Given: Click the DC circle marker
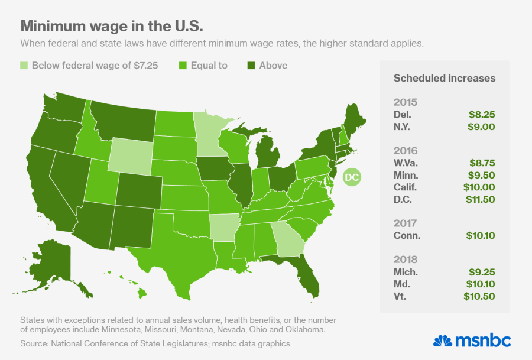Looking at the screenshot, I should (352, 177).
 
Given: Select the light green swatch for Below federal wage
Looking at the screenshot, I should (24, 66).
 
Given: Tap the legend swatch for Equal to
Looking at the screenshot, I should (183, 66).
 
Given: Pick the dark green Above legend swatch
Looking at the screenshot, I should (251, 66).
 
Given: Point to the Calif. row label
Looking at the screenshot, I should (407, 187).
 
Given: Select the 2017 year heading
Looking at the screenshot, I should (404, 223).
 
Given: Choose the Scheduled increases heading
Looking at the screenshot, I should (444, 78).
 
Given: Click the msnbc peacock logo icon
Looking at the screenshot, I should (442, 341).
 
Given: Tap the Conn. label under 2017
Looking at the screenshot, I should (407, 235).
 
